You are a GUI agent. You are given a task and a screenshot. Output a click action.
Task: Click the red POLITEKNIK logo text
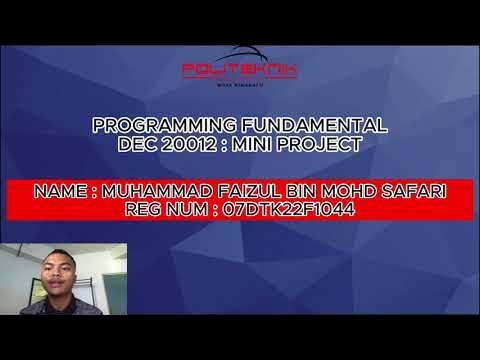coord(240,71)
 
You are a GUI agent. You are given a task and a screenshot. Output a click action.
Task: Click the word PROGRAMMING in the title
coord(150,126)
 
